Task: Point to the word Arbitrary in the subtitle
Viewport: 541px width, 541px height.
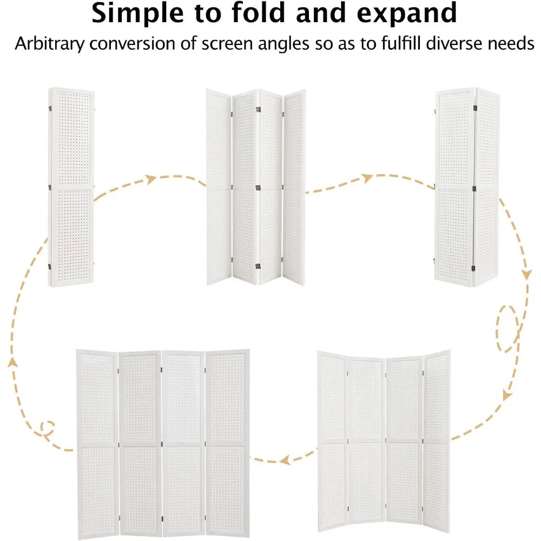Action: (x=49, y=44)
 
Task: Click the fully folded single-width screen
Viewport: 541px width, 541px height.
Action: (x=71, y=187)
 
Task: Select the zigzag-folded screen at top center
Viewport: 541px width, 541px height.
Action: (x=256, y=187)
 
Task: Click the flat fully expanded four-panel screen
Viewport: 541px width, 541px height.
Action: (x=162, y=444)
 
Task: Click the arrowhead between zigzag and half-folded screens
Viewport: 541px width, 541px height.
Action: (x=367, y=178)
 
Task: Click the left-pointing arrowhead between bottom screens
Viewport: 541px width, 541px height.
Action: (x=285, y=460)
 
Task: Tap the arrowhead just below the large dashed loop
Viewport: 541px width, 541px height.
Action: (x=507, y=395)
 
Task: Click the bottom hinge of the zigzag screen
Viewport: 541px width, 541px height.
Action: (x=258, y=266)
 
